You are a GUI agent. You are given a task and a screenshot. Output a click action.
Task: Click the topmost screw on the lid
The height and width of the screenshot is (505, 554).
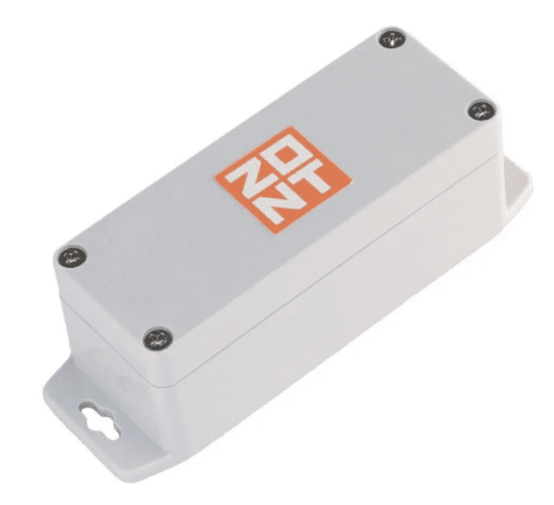[392, 39]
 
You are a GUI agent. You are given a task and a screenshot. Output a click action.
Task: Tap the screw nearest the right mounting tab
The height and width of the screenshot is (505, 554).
[481, 110]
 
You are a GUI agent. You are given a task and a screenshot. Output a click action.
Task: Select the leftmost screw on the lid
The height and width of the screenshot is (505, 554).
[72, 258]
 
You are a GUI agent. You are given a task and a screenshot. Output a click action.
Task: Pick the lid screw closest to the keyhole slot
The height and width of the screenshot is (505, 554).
[158, 338]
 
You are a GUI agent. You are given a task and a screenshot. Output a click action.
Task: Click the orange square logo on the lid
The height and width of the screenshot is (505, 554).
[284, 180]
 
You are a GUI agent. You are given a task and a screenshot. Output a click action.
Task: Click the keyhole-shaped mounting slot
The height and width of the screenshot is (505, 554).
[100, 421]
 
